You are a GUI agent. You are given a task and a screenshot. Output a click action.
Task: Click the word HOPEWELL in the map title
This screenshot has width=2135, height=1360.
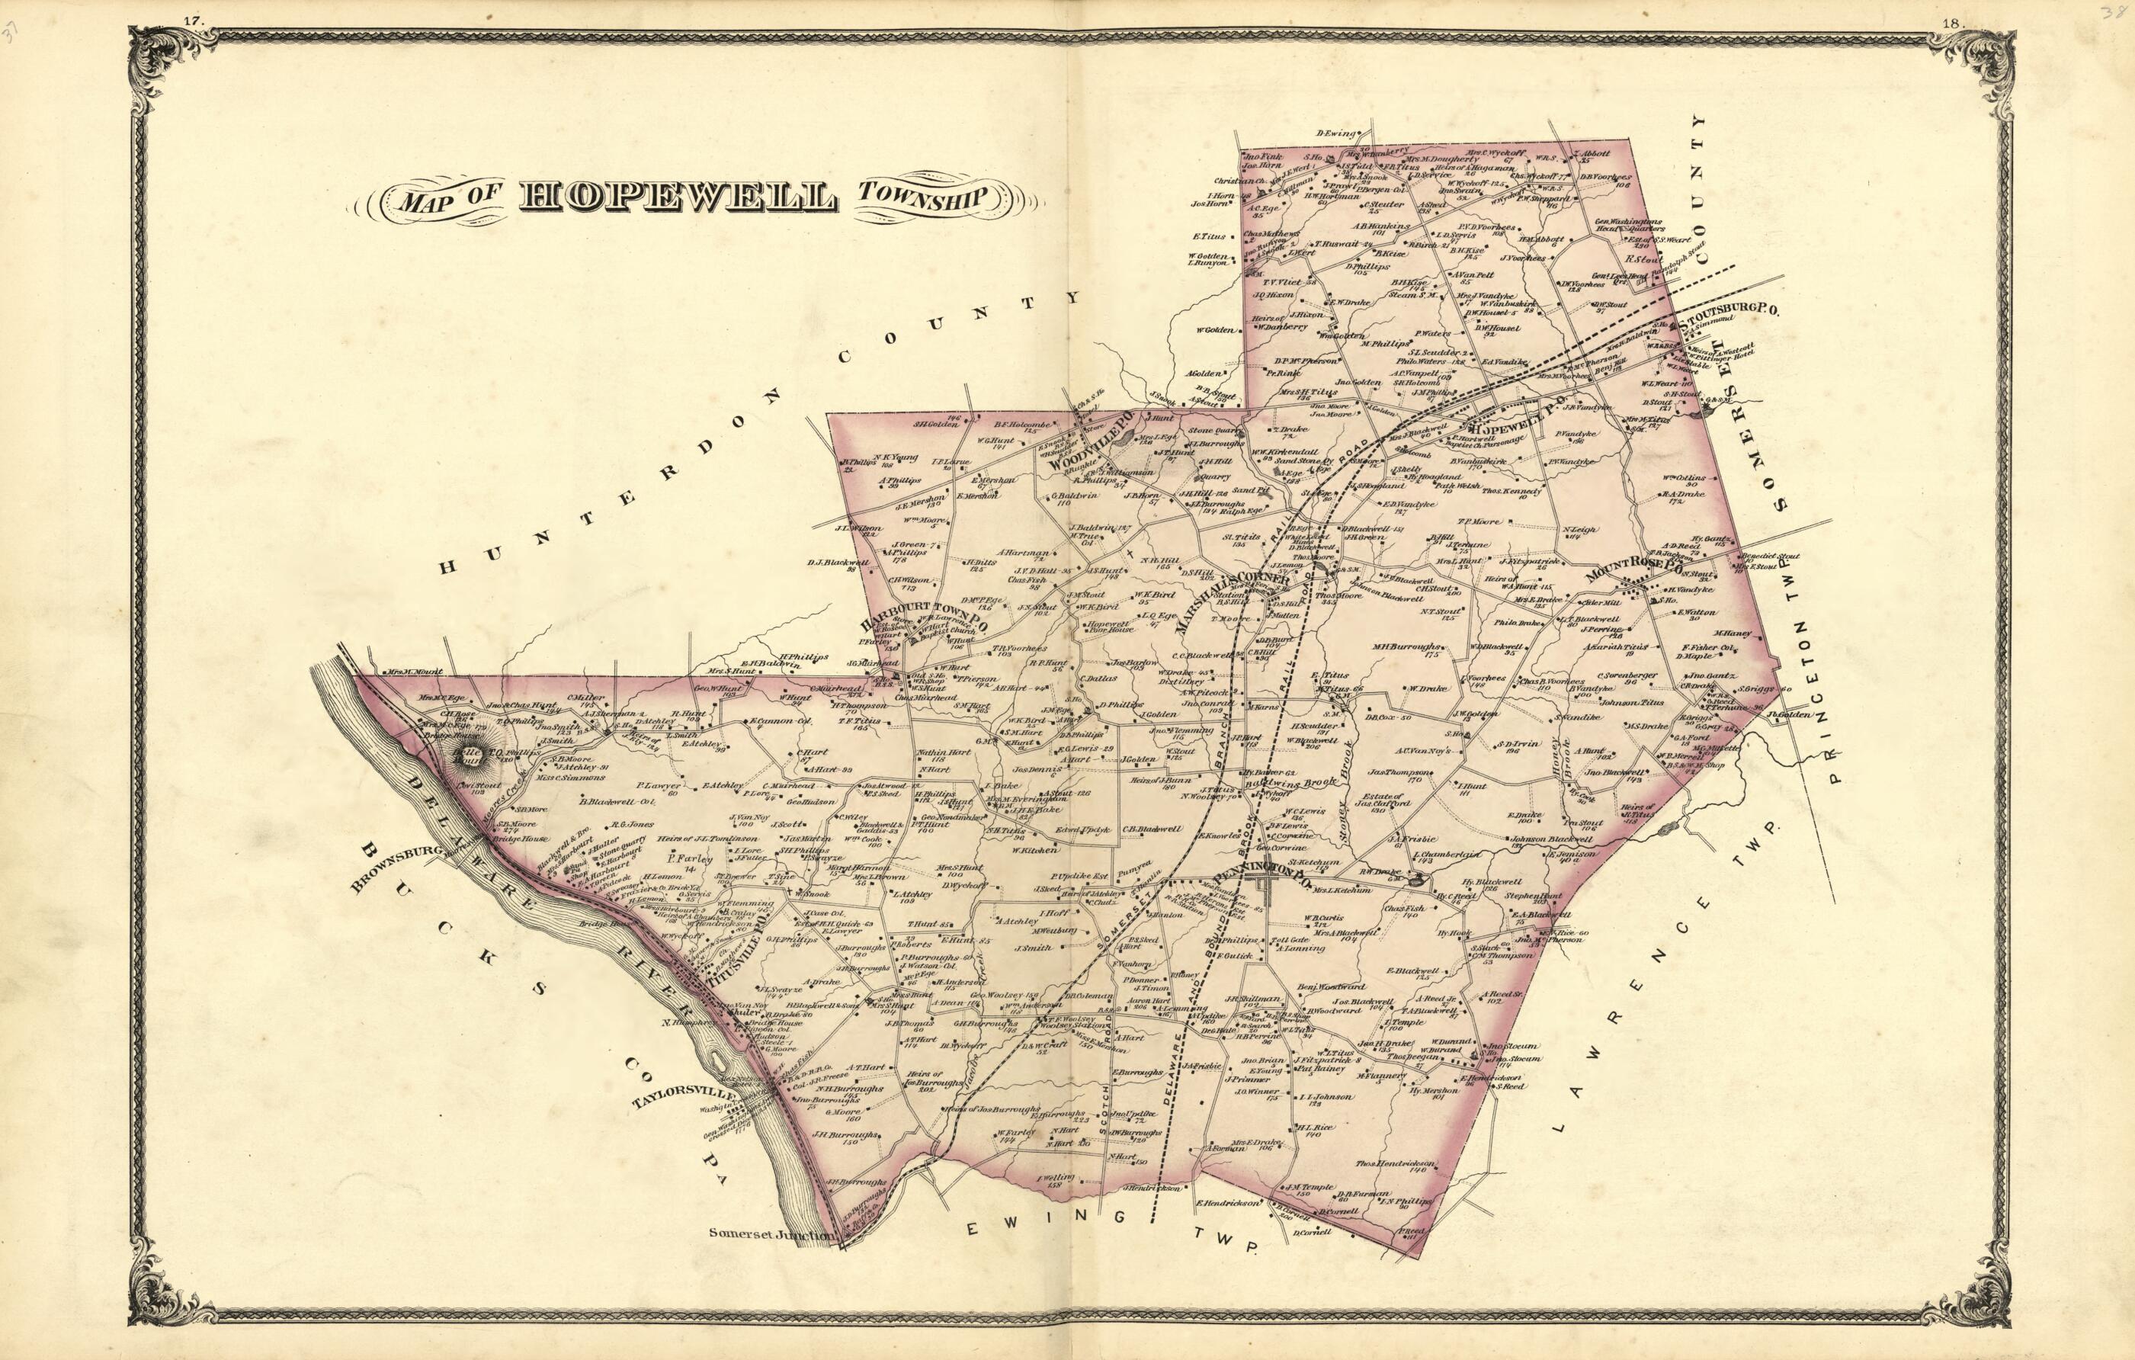click(677, 197)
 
